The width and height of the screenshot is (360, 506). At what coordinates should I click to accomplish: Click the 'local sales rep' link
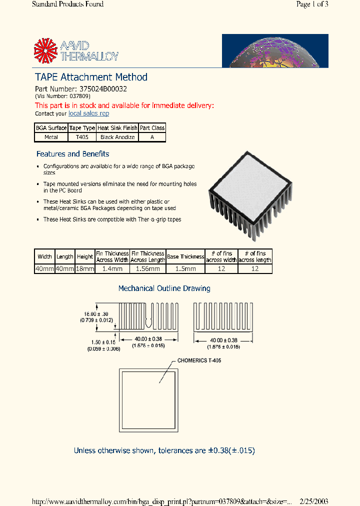point(88,113)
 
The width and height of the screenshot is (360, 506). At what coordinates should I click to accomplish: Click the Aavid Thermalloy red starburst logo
point(46,51)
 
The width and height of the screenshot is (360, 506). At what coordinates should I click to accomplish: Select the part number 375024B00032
point(103,89)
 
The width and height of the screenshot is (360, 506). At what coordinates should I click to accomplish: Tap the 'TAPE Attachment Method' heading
point(91,77)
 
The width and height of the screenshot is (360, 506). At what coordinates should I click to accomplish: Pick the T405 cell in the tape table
point(82,137)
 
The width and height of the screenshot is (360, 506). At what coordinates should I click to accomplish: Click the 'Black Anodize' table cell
point(117,137)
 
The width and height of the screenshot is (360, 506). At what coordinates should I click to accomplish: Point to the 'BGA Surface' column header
point(51,128)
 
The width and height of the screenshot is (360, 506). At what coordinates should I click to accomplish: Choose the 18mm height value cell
point(85,268)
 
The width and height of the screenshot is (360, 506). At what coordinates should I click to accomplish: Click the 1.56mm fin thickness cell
point(147,268)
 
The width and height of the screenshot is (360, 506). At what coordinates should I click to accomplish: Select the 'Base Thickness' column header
point(185,256)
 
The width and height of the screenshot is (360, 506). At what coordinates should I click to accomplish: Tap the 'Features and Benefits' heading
point(72,154)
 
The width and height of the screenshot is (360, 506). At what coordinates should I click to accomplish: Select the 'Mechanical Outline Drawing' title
point(164,288)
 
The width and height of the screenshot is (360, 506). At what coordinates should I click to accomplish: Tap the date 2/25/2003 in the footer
point(314,501)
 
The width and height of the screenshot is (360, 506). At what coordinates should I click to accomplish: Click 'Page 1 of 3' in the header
point(312,4)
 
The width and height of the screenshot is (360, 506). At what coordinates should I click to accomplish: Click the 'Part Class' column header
point(152,128)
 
